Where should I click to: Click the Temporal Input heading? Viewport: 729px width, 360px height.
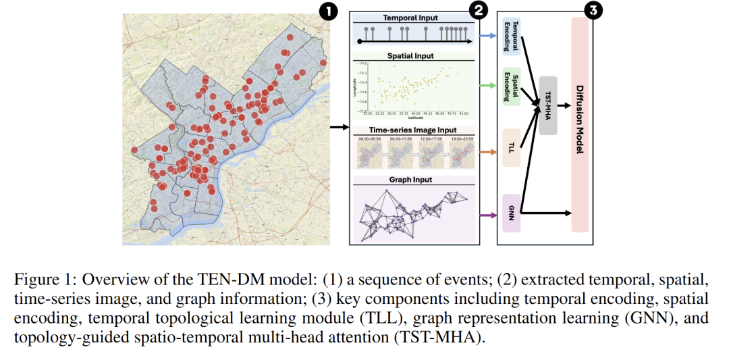click(411, 18)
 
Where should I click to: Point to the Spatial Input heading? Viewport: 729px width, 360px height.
click(410, 56)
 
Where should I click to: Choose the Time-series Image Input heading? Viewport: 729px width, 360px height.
click(412, 130)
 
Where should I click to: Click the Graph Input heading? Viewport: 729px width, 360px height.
click(410, 180)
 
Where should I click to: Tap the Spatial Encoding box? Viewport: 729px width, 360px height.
click(512, 86)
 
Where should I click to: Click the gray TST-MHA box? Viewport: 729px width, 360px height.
click(548, 105)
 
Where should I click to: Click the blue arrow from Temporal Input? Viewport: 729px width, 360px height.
click(487, 34)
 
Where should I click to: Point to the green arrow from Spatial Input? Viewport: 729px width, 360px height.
click(487, 85)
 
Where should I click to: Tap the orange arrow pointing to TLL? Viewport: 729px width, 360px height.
click(487, 151)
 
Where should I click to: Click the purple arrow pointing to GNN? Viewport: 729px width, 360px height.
click(487, 215)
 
